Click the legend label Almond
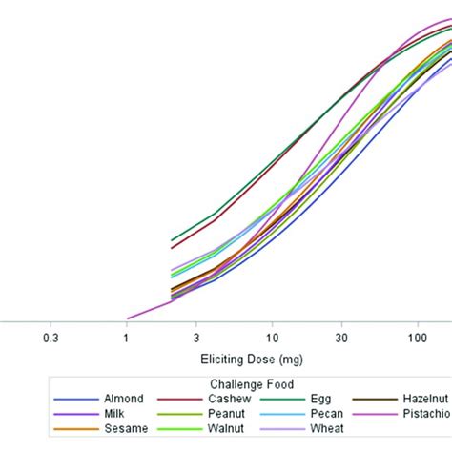125,399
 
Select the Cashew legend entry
229,399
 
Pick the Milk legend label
115,414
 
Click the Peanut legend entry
229,414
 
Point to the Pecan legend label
327,414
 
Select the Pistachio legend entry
424,414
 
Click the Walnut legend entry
229,429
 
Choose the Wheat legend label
328,429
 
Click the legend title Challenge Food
244,383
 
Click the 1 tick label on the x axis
126,338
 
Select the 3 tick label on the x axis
196,338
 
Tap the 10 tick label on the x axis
272,338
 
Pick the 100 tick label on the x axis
417,338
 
